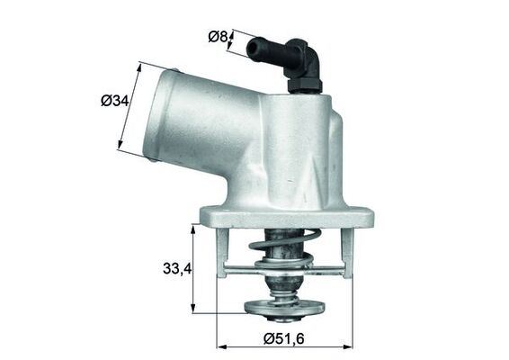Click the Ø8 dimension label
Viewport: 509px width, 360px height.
pos(218,37)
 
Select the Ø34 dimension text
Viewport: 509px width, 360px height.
pos(113,101)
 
